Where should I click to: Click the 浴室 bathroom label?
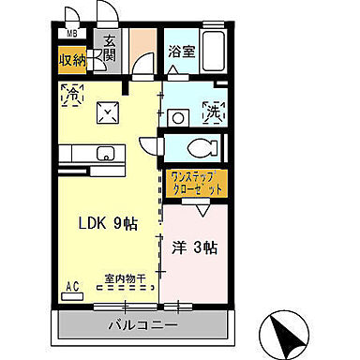point(181,52)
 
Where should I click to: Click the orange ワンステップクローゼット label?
point(197,182)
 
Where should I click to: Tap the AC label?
point(71,286)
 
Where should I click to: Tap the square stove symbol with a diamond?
point(111,113)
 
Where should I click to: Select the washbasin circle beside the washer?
point(175,116)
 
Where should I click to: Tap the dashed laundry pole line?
point(125,291)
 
